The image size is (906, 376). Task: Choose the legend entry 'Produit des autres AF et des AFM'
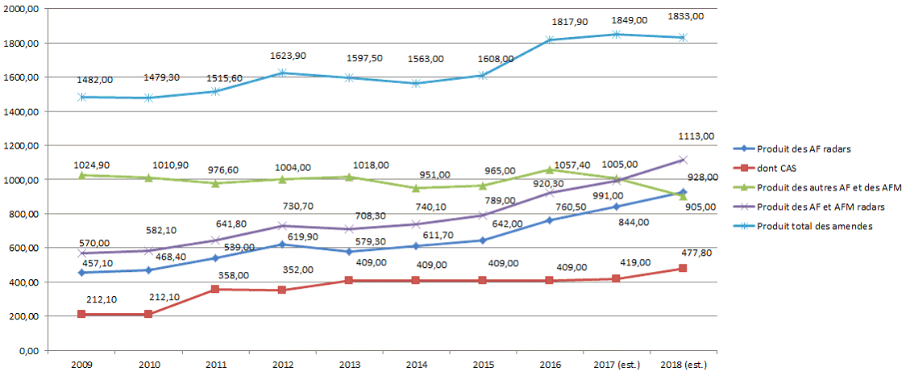[x=807, y=188]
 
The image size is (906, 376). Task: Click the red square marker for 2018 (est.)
[x=683, y=269]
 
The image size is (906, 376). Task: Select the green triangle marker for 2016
[x=549, y=170]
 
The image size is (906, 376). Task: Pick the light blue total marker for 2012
[x=282, y=73]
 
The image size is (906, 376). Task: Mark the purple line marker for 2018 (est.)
[x=683, y=160]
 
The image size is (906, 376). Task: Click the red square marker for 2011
[x=215, y=289]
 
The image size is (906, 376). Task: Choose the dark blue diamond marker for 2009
[x=81, y=273]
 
